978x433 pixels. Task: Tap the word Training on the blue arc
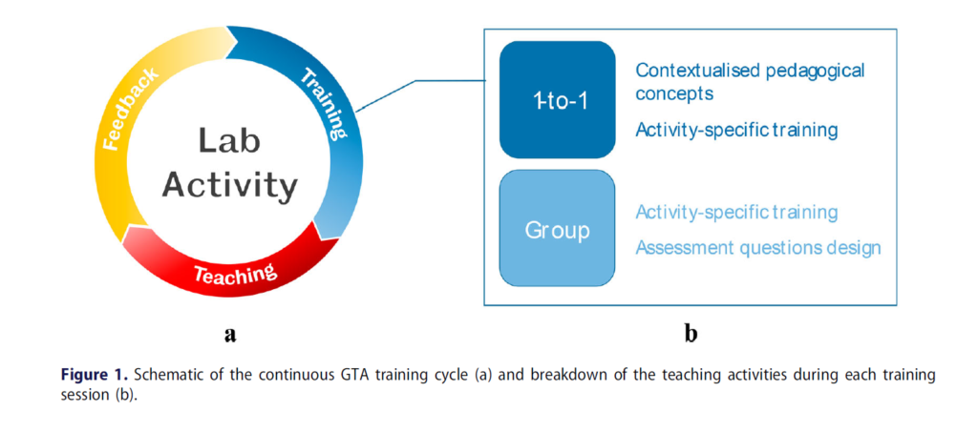(x=325, y=103)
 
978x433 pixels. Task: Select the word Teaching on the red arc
(x=235, y=275)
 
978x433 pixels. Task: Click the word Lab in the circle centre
(x=230, y=141)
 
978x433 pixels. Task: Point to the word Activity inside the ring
(x=230, y=184)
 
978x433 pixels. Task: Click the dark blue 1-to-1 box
(x=557, y=99)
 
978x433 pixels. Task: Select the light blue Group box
(x=557, y=229)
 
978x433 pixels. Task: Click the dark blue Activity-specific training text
(x=736, y=131)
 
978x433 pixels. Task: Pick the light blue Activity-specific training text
(x=736, y=212)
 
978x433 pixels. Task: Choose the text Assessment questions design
(x=757, y=248)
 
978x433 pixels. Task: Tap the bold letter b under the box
(x=691, y=333)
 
